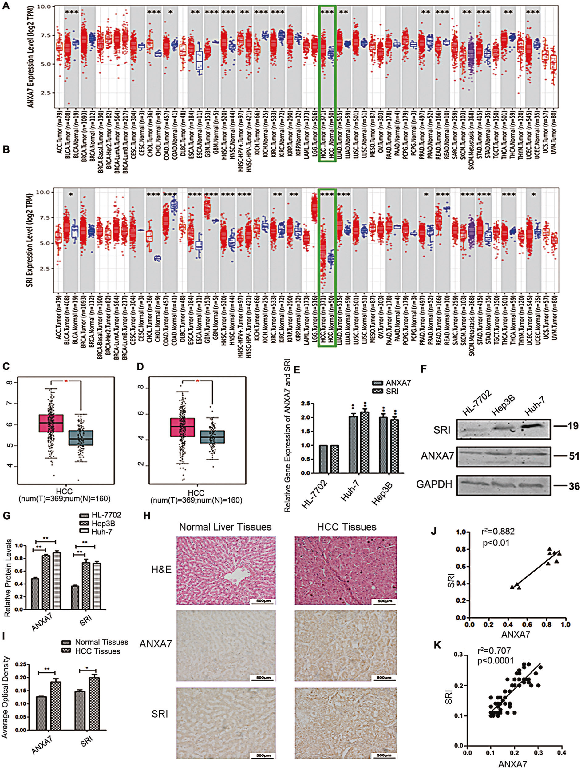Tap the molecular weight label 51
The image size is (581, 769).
[573, 456]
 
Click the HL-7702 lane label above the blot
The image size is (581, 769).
[477, 404]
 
